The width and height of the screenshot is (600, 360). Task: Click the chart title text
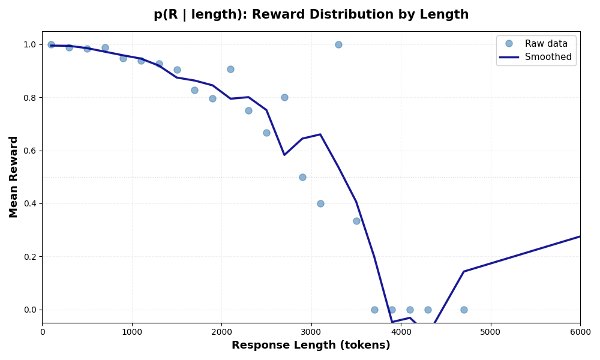tap(311, 15)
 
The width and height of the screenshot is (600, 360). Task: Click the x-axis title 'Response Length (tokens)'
tap(311, 346)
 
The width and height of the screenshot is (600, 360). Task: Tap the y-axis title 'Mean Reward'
tap(14, 176)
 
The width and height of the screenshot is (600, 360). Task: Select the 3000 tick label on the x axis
tap(311, 332)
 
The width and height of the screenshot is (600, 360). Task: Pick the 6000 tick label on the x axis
tap(580, 332)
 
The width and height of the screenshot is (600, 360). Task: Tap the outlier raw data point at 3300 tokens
tap(338, 44)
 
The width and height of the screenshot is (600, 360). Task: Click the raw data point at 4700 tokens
tap(464, 310)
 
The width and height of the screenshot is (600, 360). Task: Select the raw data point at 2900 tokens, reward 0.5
tap(302, 177)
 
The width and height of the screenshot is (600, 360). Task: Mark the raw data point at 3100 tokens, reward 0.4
tap(320, 203)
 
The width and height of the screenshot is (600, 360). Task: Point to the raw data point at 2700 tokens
tap(284, 97)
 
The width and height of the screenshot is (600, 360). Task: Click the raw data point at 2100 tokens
tap(230, 69)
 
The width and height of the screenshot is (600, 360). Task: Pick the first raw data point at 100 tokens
tap(51, 44)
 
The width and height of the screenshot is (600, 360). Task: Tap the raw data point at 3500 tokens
tap(356, 221)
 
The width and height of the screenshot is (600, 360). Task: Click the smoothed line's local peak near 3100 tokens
tap(320, 134)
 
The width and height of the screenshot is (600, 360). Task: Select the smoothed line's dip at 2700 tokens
tap(284, 155)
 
